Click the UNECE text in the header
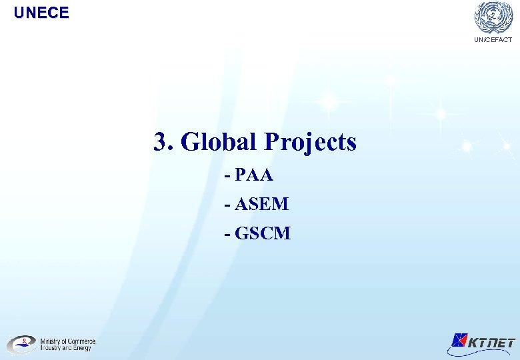pos(41,12)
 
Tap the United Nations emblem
pos(493,17)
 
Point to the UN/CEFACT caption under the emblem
pos(493,40)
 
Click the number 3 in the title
pos(160,142)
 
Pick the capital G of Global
pos(190,142)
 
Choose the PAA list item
pos(254,175)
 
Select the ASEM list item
pos(261,204)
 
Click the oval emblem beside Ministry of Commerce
pos(21,344)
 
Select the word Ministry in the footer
pos(51,341)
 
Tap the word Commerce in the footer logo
pos(81,341)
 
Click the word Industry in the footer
pos(51,348)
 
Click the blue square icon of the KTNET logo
pos(459,341)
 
